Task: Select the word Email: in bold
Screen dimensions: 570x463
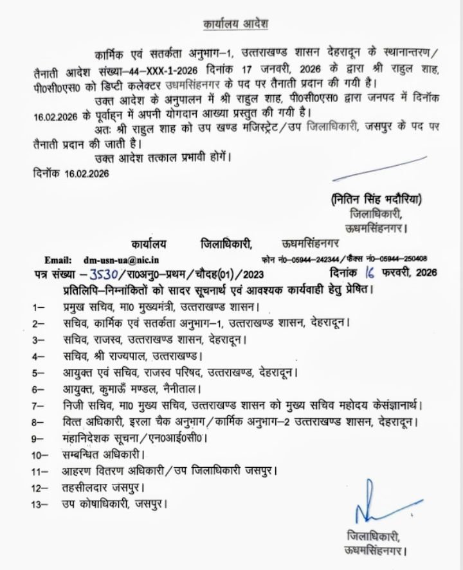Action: (x=57, y=260)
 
